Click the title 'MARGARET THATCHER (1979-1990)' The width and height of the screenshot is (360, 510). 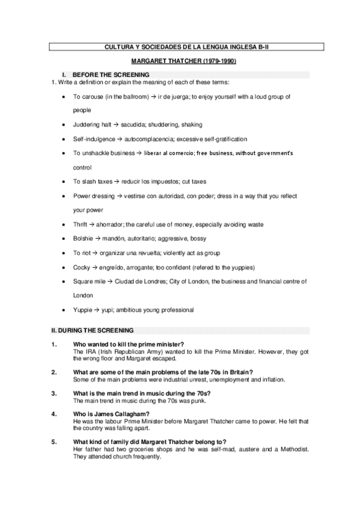tap(180, 61)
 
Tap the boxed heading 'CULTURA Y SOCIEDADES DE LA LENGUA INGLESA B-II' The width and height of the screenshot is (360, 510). tap(180, 46)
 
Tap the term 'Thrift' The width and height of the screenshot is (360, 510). tap(81, 224)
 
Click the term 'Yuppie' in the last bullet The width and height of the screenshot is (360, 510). tap(82, 310)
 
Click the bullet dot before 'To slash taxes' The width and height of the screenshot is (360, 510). tap(64, 182)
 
